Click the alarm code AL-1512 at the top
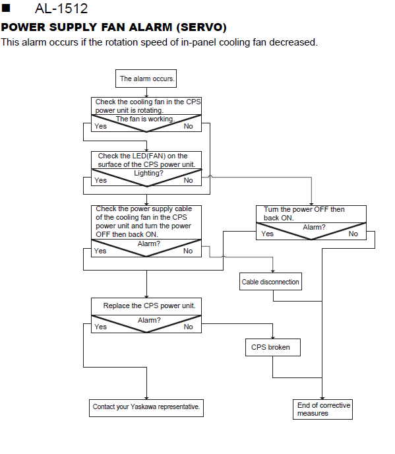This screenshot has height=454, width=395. pyautogui.click(x=61, y=8)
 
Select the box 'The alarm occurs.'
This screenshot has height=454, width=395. pyautogui.click(x=146, y=79)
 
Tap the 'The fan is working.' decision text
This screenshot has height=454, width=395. pyautogui.click(x=145, y=119)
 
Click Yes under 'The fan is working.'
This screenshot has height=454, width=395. pyautogui.click(x=100, y=126)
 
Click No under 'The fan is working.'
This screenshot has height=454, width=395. pyautogui.click(x=188, y=126)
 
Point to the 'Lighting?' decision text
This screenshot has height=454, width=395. pyautogui.click(x=148, y=173)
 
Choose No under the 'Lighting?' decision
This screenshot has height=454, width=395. pyautogui.click(x=188, y=180)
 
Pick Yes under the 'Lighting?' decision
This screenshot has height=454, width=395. pyautogui.click(x=100, y=180)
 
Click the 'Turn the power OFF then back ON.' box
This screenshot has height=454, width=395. pyautogui.click(x=311, y=214)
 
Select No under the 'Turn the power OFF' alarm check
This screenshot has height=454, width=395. pyautogui.click(x=353, y=234)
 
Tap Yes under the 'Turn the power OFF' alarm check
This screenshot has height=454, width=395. pyautogui.click(x=267, y=234)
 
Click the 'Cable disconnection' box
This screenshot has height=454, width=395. pyautogui.click(x=270, y=281)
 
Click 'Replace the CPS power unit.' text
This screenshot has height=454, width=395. pyautogui.click(x=149, y=306)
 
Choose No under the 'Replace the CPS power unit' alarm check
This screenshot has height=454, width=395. pyautogui.click(x=188, y=327)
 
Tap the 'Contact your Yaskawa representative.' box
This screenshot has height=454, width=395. pyautogui.click(x=146, y=408)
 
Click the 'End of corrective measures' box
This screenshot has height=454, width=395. pyautogui.click(x=322, y=409)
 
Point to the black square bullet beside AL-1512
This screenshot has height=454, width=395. pyautogui.click(x=6, y=8)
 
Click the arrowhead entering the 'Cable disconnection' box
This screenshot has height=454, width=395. pyautogui.click(x=272, y=271)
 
